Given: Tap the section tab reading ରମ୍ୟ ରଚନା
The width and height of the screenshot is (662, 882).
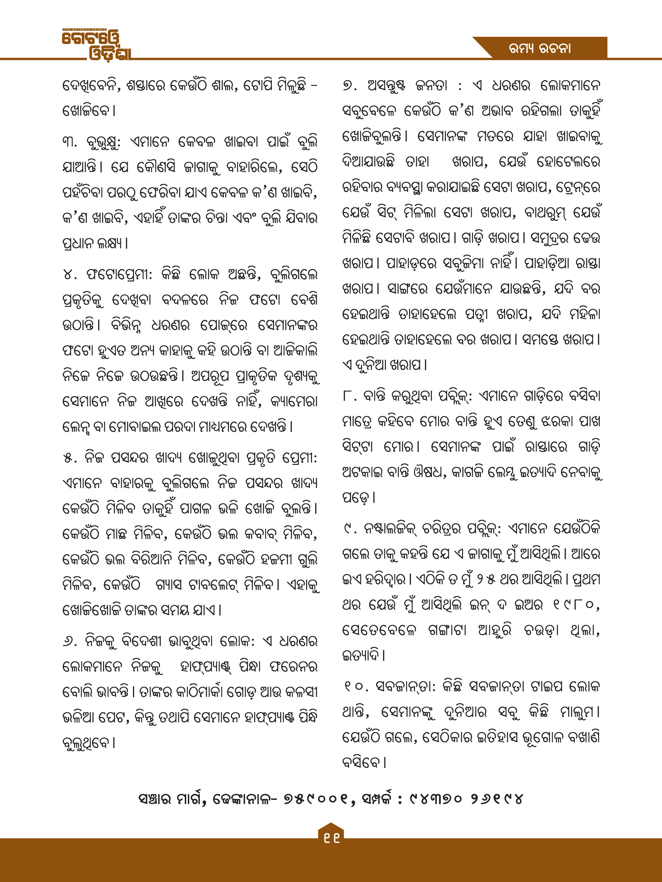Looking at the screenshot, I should [x=540, y=48].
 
